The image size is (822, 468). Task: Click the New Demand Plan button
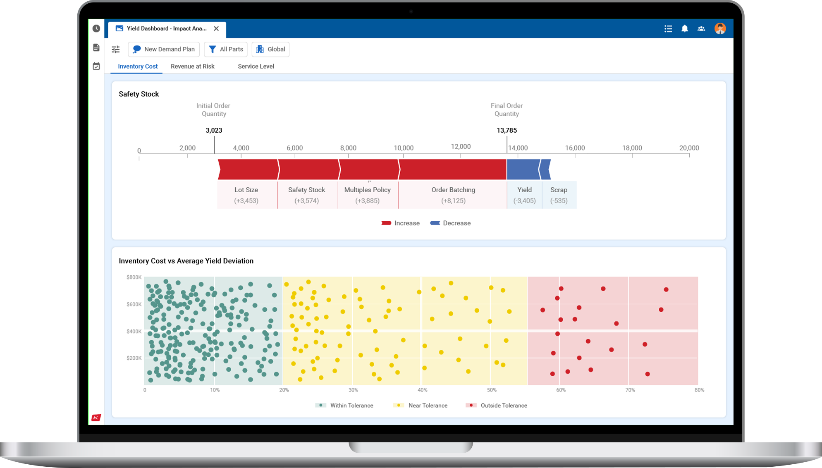tap(164, 49)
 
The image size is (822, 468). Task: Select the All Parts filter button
tap(226, 49)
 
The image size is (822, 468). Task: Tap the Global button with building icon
tap(270, 49)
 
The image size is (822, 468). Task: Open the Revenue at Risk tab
tap(192, 66)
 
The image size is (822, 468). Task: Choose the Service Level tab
tap(256, 66)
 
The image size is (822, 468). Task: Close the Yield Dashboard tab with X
tap(216, 29)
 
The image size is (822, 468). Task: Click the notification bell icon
tap(685, 29)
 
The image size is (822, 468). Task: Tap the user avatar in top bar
tap(720, 29)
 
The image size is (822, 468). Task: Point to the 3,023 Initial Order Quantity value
tap(214, 130)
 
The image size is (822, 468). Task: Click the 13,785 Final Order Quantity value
tap(507, 130)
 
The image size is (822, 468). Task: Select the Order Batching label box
tap(453, 195)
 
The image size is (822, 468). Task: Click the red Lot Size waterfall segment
tap(248, 170)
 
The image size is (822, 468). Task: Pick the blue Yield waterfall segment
tap(523, 170)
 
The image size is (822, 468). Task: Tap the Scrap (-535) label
tap(559, 195)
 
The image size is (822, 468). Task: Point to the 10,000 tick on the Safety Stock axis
tap(404, 148)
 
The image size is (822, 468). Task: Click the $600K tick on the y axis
tap(134, 304)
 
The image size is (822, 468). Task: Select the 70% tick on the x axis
tap(630, 390)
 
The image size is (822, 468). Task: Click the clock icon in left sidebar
tap(96, 29)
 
